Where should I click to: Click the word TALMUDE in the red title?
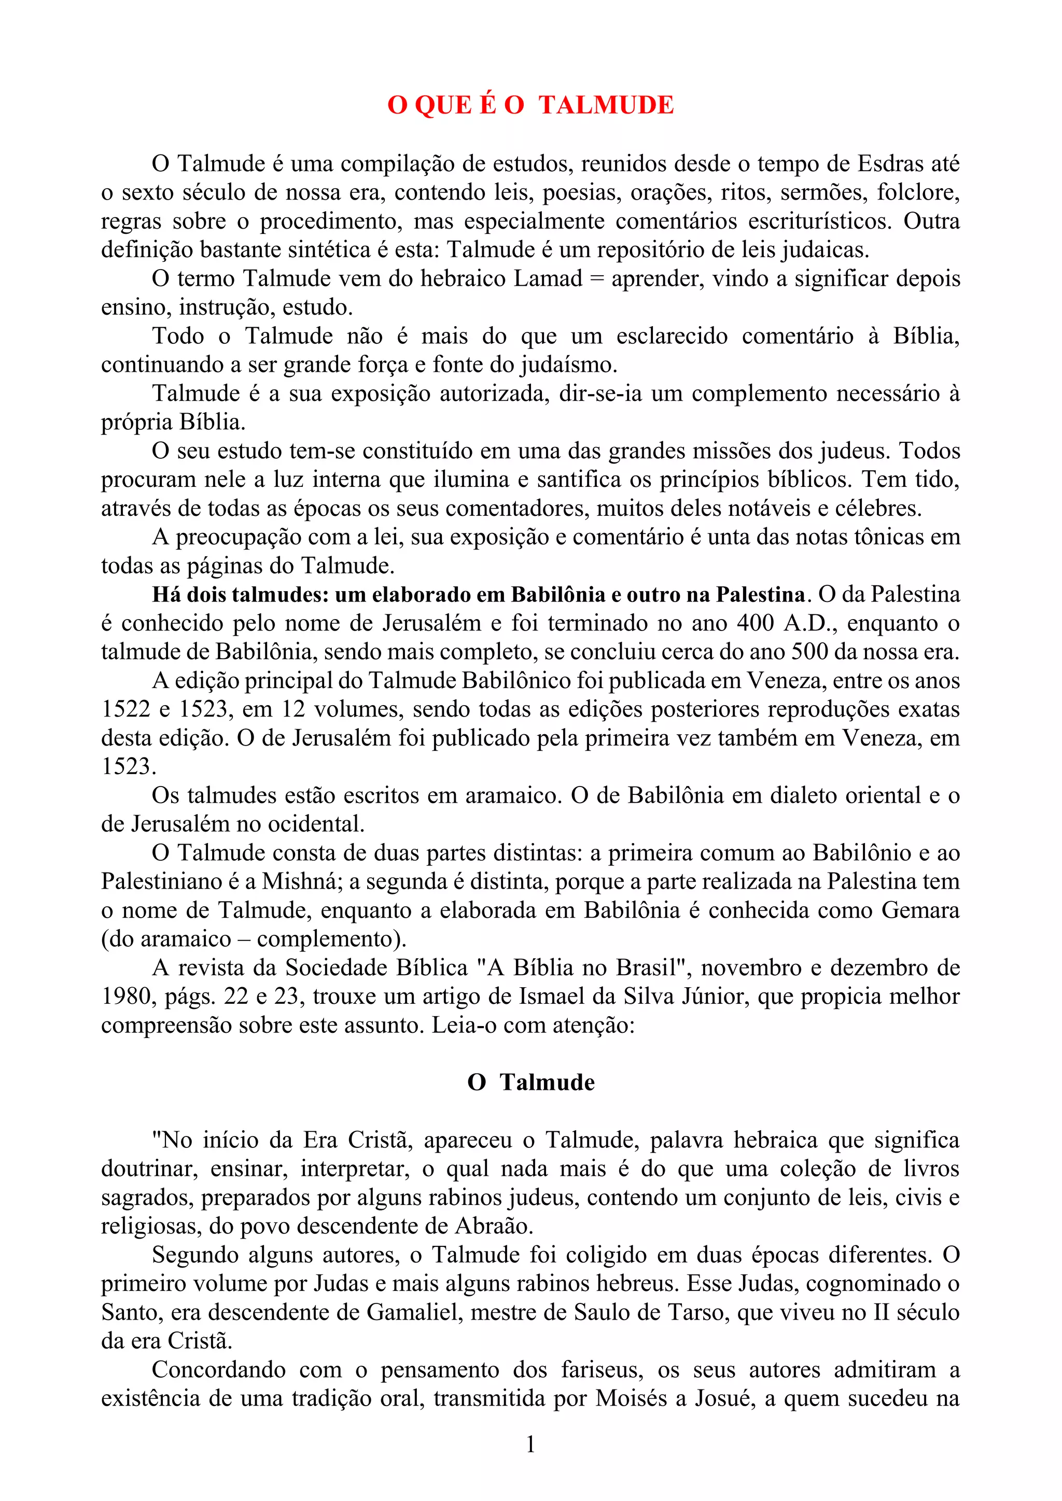[606, 105]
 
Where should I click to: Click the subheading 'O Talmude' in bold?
[531, 1083]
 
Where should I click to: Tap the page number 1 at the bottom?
[530, 1443]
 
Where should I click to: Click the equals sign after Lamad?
[596, 279]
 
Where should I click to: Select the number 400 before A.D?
[756, 623]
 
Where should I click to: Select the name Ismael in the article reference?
[548, 997]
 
